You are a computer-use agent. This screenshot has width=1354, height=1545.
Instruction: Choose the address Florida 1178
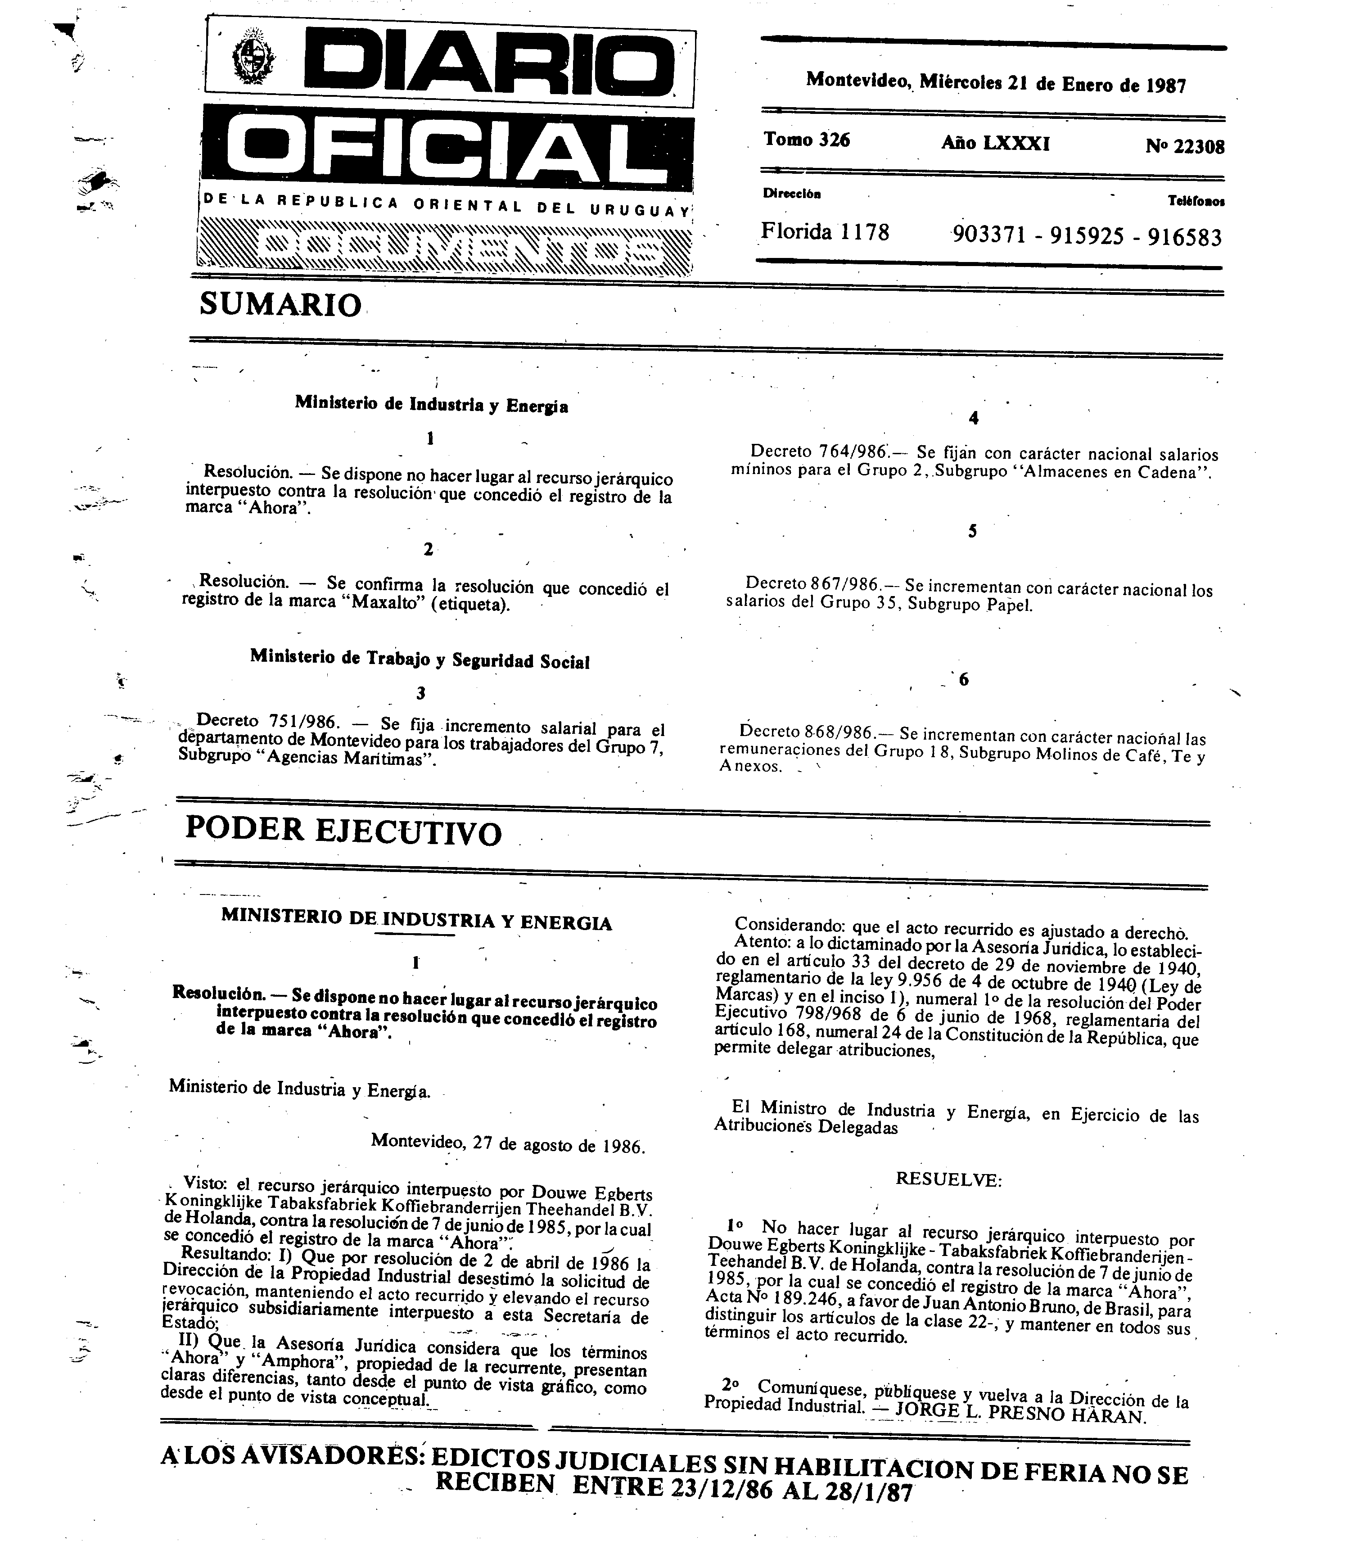coord(825,231)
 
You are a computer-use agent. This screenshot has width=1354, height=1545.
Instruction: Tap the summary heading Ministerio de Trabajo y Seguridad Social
coord(420,659)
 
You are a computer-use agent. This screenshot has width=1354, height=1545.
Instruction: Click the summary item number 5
coord(972,531)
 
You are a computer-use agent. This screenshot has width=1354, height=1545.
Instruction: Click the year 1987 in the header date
coord(1166,85)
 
